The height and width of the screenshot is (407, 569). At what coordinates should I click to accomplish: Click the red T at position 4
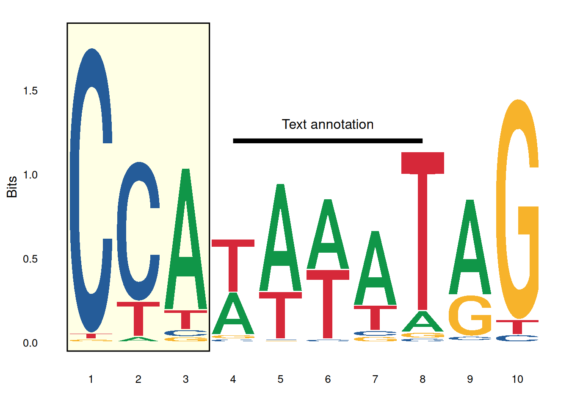(x=233, y=265)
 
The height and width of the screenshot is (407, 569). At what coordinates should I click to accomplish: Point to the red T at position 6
(x=328, y=303)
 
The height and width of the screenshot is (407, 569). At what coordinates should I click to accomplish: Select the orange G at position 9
(x=470, y=316)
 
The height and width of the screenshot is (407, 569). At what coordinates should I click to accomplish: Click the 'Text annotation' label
(x=328, y=124)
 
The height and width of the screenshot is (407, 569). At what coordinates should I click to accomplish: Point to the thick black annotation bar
(x=328, y=141)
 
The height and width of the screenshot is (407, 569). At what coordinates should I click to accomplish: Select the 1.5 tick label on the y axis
(x=30, y=91)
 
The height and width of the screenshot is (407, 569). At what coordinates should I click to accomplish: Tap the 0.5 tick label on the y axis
(x=30, y=259)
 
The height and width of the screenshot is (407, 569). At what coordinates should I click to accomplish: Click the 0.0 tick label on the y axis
(x=30, y=343)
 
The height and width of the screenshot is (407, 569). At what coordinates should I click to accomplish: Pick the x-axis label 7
(x=375, y=379)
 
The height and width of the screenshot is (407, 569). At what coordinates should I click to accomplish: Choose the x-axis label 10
(x=517, y=379)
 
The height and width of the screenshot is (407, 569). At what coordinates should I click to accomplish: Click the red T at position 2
(x=138, y=318)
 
